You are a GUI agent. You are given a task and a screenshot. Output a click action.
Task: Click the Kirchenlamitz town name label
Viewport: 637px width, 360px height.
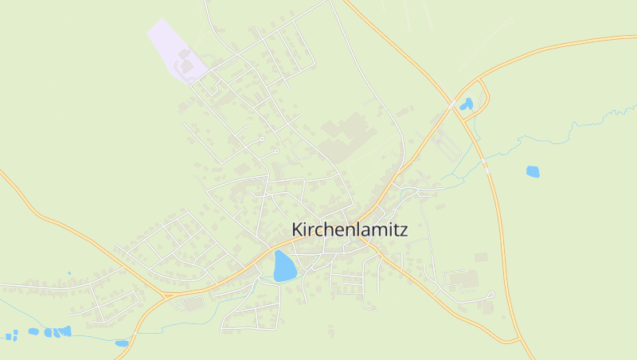click(350, 229)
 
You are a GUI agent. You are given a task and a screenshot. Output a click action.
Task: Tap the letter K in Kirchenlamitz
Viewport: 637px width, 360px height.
click(297, 229)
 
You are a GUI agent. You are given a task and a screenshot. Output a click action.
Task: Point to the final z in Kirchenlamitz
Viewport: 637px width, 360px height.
click(404, 230)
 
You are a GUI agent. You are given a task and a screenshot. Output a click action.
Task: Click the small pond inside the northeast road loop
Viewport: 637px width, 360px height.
click(467, 104)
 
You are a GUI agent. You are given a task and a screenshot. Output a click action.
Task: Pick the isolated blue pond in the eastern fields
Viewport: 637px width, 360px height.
click(532, 170)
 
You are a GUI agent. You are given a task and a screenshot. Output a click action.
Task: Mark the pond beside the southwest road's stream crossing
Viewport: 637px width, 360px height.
click(121, 342)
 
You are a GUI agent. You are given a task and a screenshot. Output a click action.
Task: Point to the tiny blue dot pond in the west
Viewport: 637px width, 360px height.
click(69, 273)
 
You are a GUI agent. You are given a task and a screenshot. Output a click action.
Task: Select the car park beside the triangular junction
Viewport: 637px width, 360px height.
click(191, 303)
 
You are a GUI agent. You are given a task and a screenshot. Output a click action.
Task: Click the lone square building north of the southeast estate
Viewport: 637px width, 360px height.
click(480, 257)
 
